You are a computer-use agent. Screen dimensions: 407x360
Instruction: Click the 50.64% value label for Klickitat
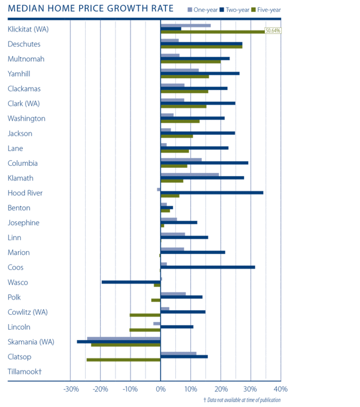pos(273,31)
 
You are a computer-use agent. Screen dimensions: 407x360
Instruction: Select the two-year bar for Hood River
pos(212,192)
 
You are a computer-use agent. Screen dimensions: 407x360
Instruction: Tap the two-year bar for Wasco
pos(131,282)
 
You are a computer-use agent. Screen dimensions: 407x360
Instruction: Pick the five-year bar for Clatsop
pos(124,360)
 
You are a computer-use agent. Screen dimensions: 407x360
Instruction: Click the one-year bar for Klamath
pos(190,174)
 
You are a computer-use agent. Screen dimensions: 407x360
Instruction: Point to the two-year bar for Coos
pos(208,267)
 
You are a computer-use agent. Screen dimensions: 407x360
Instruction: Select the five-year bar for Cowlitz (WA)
pos(145,315)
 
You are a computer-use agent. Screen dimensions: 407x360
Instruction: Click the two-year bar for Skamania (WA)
pos(118,342)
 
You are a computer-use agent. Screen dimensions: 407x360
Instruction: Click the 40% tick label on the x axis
pos(280,389)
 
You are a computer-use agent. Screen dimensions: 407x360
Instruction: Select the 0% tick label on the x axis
pos(161,389)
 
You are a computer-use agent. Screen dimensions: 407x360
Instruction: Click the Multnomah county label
pos(26,59)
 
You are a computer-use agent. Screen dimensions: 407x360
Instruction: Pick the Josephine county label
pos(24,223)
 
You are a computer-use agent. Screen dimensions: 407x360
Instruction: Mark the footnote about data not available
pos(242,400)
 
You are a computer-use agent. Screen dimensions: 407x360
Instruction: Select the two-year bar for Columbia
pos(204,163)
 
